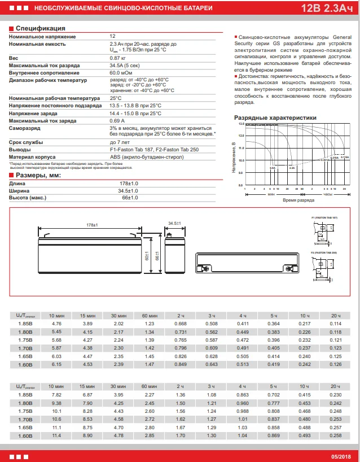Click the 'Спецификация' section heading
(40, 28)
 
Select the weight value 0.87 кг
(118, 58)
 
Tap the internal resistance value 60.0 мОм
(121, 73)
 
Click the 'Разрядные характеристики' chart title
(275, 117)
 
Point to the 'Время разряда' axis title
(298, 201)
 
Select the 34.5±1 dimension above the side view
(175, 224)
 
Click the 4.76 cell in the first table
(56, 323)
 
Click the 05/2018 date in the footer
(340, 456)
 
